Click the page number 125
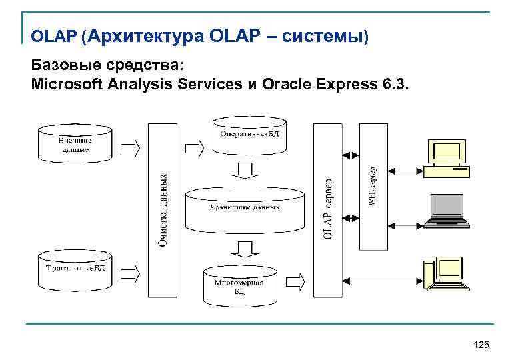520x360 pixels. pos(481,344)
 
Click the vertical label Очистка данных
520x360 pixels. pos(163,210)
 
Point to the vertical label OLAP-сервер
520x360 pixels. pos(327,210)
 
